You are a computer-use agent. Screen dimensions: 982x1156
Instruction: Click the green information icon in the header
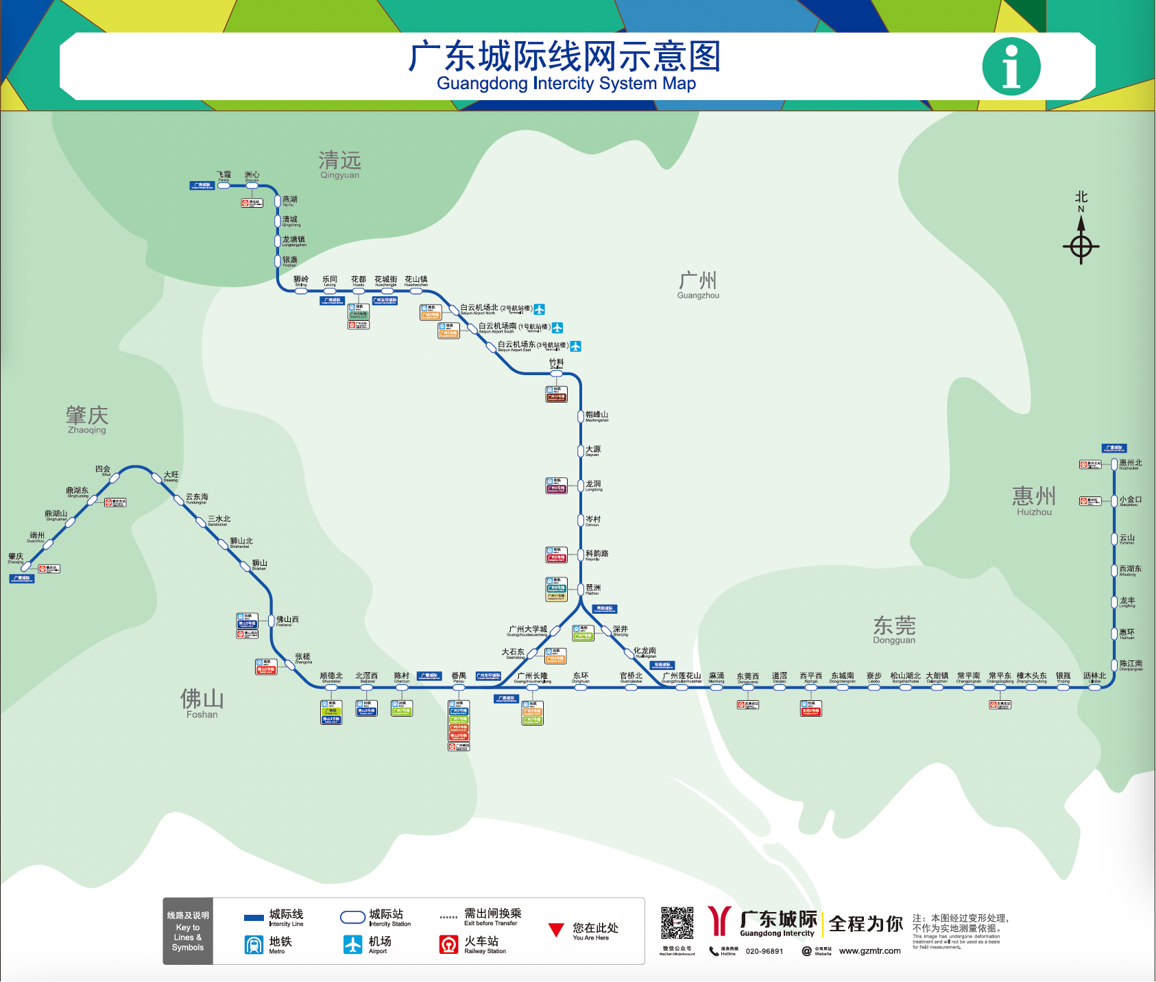click(x=1011, y=67)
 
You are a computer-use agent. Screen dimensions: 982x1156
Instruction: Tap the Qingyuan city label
click(x=339, y=165)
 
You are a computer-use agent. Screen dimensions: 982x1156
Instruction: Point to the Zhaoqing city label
click(x=87, y=419)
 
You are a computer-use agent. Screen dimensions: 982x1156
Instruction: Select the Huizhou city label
click(x=1034, y=501)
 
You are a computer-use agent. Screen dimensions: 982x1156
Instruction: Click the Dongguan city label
click(x=894, y=630)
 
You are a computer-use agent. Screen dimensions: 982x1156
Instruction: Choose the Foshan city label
click(x=202, y=703)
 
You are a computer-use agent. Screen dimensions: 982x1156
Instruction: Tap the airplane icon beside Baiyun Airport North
click(x=540, y=309)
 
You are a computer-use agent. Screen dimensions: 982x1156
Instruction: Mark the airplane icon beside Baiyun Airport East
click(x=576, y=346)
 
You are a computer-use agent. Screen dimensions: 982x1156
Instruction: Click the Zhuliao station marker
click(x=556, y=374)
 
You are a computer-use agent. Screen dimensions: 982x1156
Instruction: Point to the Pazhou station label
click(x=593, y=589)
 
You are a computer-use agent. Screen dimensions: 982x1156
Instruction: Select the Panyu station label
click(x=459, y=677)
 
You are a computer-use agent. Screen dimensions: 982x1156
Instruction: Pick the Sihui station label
click(x=103, y=470)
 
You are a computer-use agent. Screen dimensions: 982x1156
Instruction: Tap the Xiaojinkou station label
click(x=1131, y=501)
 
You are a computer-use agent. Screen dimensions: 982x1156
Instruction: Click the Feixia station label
click(x=224, y=176)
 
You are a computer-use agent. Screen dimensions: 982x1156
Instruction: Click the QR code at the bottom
click(x=677, y=923)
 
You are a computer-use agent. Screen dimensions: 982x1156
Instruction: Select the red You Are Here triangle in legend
click(x=556, y=931)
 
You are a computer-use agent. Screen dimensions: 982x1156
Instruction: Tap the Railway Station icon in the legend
click(x=449, y=945)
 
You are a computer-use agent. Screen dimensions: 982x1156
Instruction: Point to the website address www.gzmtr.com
click(x=870, y=951)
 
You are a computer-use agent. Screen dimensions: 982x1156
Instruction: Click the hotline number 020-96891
click(x=764, y=951)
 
